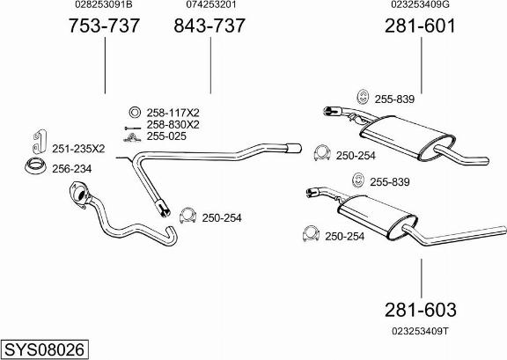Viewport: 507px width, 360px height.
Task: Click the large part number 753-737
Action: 104,26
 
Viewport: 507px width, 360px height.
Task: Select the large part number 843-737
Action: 209,26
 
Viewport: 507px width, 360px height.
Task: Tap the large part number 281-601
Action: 420,26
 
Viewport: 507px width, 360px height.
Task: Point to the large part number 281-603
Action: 421,310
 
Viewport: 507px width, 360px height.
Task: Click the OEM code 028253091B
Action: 104,4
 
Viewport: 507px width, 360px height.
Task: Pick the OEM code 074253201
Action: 211,4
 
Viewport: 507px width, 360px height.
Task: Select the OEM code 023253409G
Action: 420,4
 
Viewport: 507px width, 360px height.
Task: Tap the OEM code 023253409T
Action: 420,331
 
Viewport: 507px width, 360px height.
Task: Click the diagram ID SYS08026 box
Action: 45,349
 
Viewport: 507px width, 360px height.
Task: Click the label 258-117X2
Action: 173,113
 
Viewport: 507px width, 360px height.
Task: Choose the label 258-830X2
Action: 173,124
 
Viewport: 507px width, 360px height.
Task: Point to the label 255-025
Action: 166,136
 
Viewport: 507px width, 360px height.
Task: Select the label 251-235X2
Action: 78,149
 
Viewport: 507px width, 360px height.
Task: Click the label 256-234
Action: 72,168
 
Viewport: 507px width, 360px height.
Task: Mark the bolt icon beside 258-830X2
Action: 132,129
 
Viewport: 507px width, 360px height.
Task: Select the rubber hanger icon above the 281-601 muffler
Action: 364,97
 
